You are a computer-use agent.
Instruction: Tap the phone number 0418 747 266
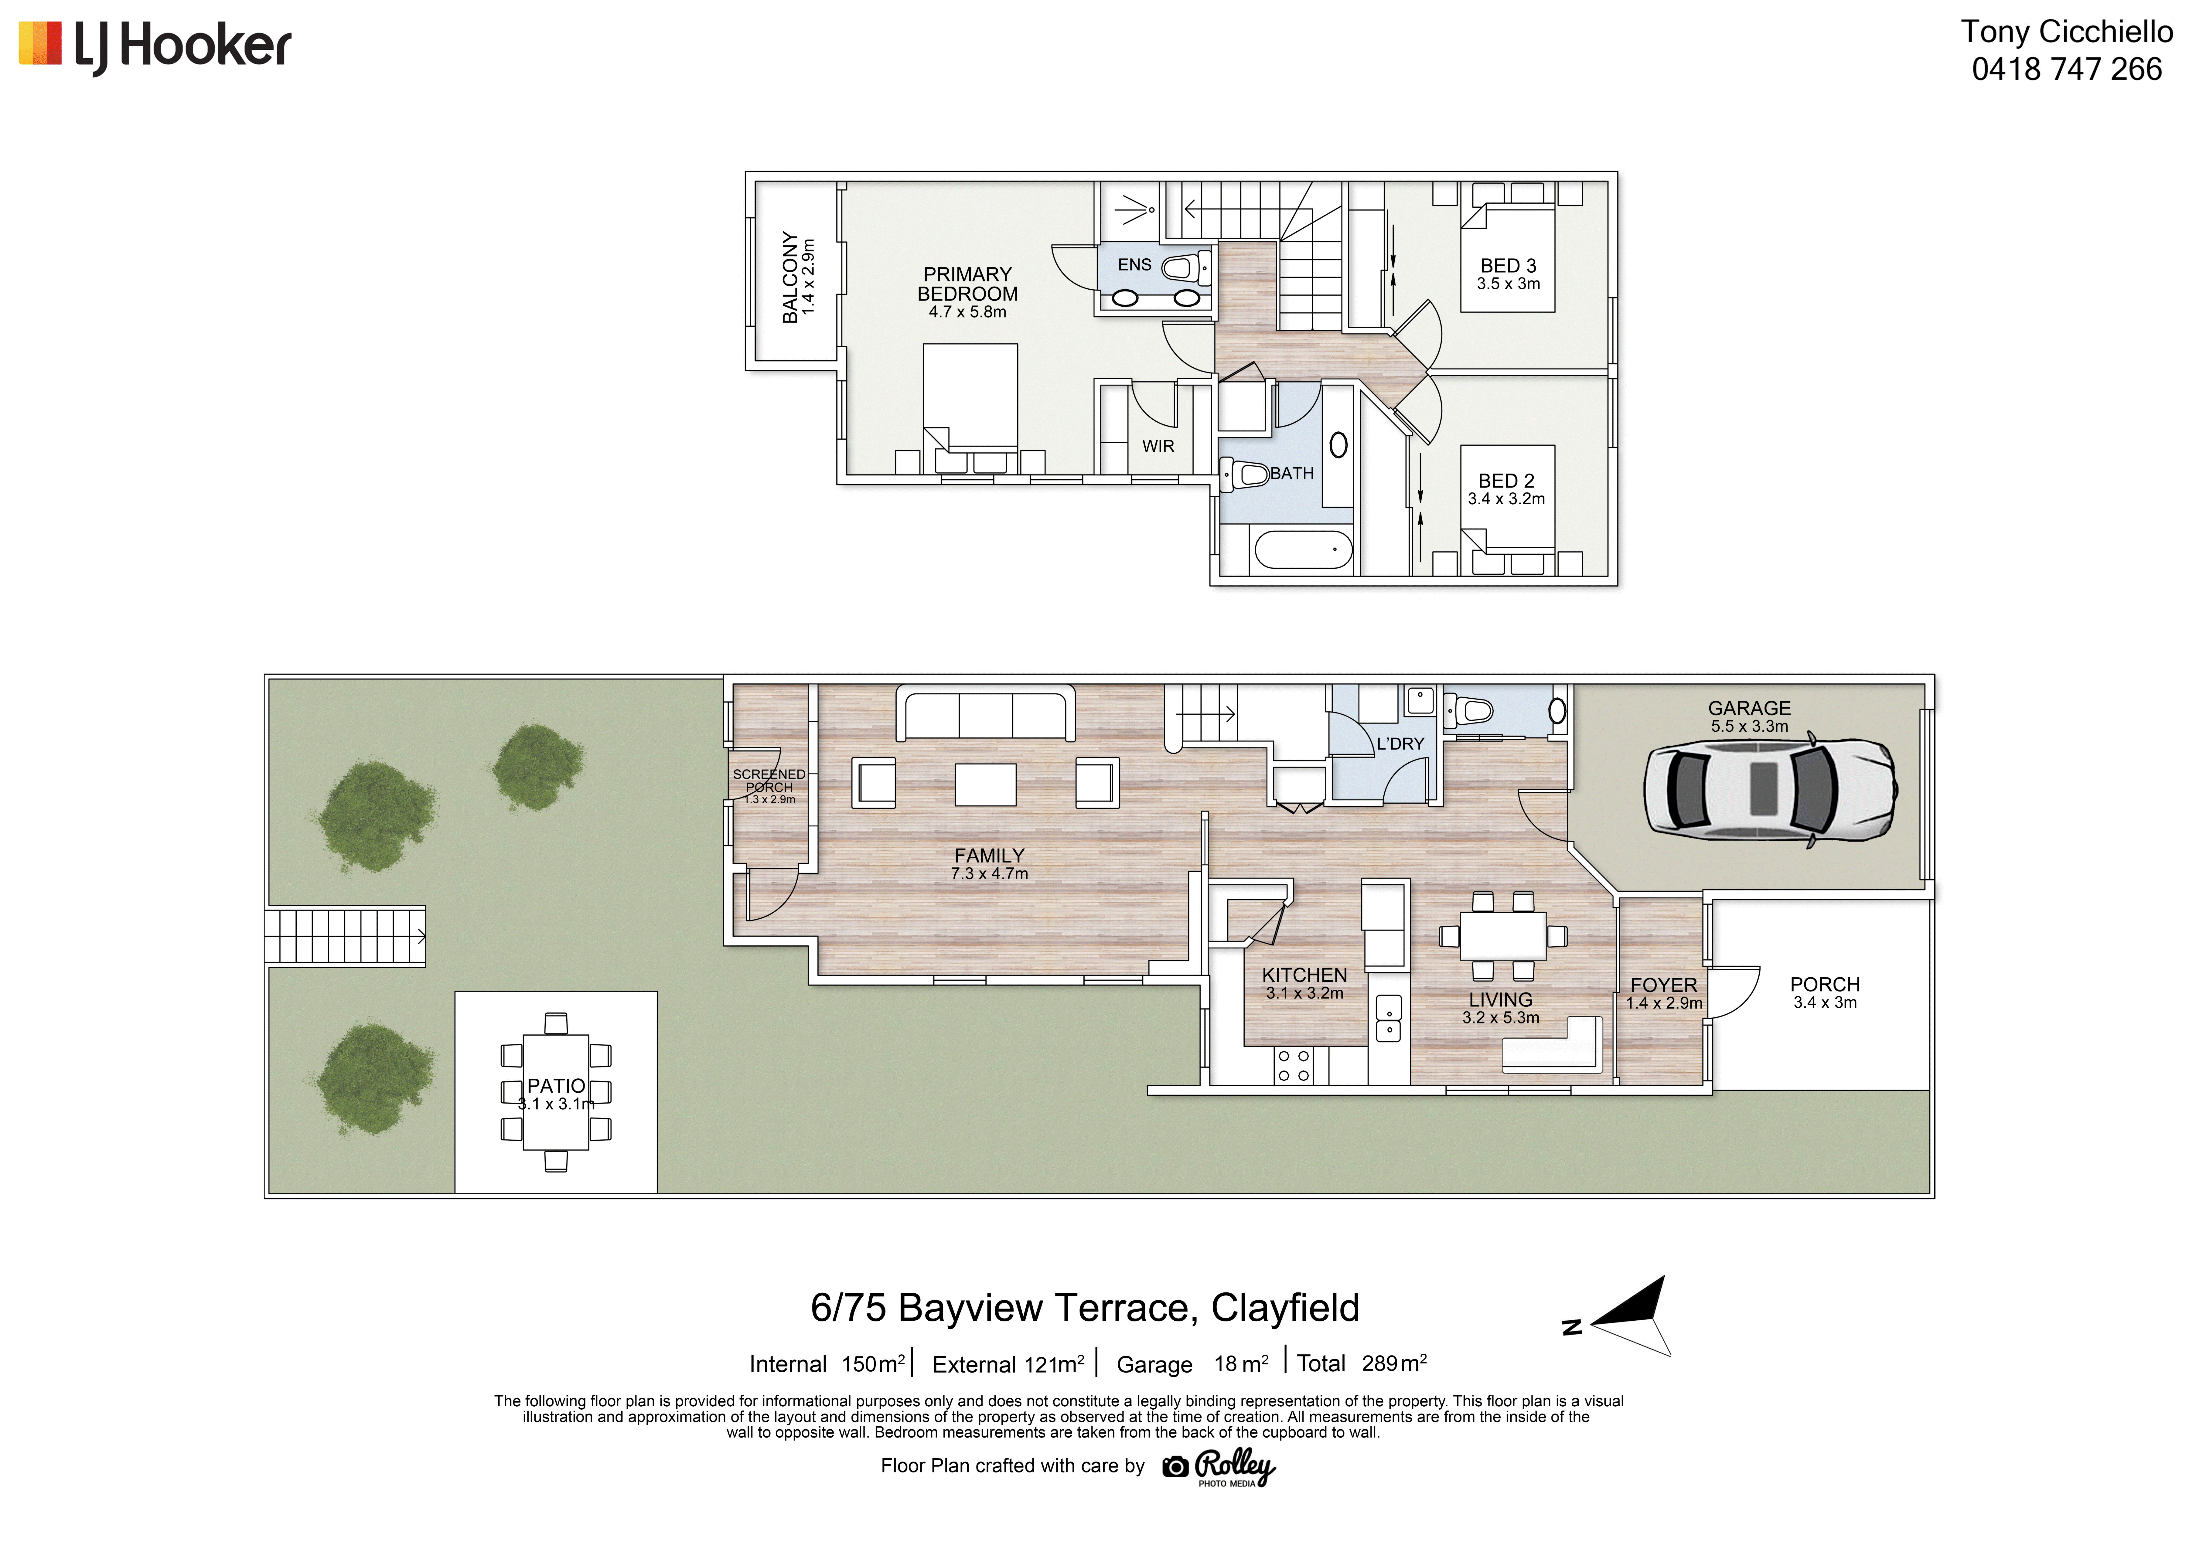click(2067, 69)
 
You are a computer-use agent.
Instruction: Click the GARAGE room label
click(1749, 708)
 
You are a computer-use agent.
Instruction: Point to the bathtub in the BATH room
click(1303, 550)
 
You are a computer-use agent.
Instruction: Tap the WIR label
click(1158, 447)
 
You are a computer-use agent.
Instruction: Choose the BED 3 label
click(1508, 266)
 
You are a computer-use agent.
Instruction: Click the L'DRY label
click(1400, 744)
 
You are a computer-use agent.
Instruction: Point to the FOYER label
click(1664, 985)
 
